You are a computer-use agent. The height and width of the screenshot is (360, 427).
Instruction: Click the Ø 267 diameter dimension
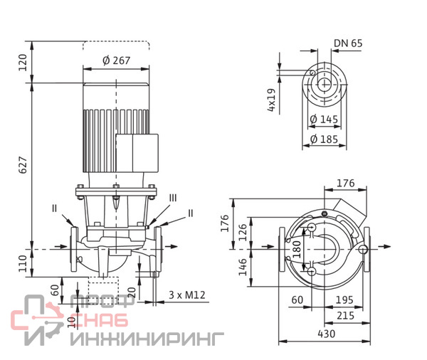[117, 60]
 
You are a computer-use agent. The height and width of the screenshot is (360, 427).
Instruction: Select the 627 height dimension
[23, 165]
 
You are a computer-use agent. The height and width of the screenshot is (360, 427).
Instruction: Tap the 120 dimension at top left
[23, 63]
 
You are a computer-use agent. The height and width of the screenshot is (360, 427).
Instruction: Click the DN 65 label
[348, 43]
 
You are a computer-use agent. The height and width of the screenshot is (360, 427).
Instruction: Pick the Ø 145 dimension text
[324, 119]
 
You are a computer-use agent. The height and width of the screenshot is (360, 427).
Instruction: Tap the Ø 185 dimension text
[324, 139]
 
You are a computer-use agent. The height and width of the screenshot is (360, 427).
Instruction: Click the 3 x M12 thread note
[186, 295]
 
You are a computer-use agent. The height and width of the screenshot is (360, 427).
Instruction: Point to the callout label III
[173, 197]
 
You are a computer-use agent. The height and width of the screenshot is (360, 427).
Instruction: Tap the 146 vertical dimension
[243, 268]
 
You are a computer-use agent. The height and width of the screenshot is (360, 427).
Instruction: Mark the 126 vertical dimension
[243, 231]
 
